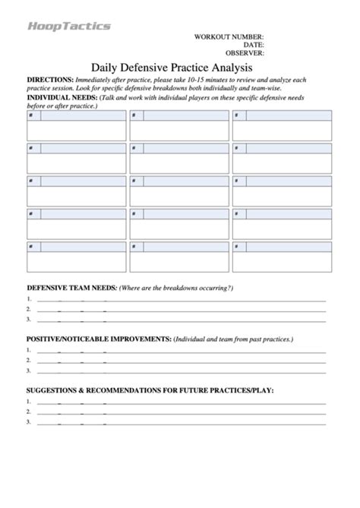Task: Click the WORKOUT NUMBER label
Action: pos(229,37)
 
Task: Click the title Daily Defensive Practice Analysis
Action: pos(179,68)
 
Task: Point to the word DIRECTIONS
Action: pos(50,80)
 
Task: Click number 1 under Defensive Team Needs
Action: pos(28,299)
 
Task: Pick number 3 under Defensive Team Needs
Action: pos(28,320)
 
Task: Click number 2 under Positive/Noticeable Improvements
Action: pos(28,360)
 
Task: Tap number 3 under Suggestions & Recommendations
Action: pos(28,421)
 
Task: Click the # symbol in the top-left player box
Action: pos(30,115)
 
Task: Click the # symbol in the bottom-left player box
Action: pos(30,247)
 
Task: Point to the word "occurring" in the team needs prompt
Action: pos(213,288)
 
